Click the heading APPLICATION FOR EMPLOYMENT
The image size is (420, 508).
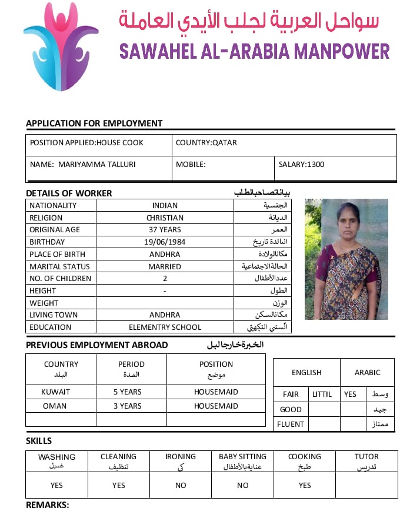tap(94, 123)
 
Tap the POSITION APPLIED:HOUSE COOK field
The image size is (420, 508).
tap(86, 143)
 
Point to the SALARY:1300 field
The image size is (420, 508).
tap(301, 165)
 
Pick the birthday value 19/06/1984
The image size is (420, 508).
tap(165, 242)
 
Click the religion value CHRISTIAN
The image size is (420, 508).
tap(165, 218)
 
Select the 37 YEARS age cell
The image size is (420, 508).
tap(165, 229)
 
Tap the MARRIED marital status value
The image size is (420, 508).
tap(165, 266)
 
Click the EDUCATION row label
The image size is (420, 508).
tap(51, 327)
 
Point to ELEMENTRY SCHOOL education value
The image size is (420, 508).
tap(165, 327)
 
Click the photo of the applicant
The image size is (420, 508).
tap(346, 259)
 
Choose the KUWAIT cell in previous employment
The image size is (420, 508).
tap(56, 392)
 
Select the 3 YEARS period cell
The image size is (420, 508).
tap(128, 406)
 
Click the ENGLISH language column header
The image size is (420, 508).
tap(306, 372)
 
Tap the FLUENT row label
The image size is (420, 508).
tap(291, 424)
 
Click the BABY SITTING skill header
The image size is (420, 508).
tap(242, 456)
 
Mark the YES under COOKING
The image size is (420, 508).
tap(305, 486)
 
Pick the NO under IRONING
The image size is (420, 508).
tap(181, 486)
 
